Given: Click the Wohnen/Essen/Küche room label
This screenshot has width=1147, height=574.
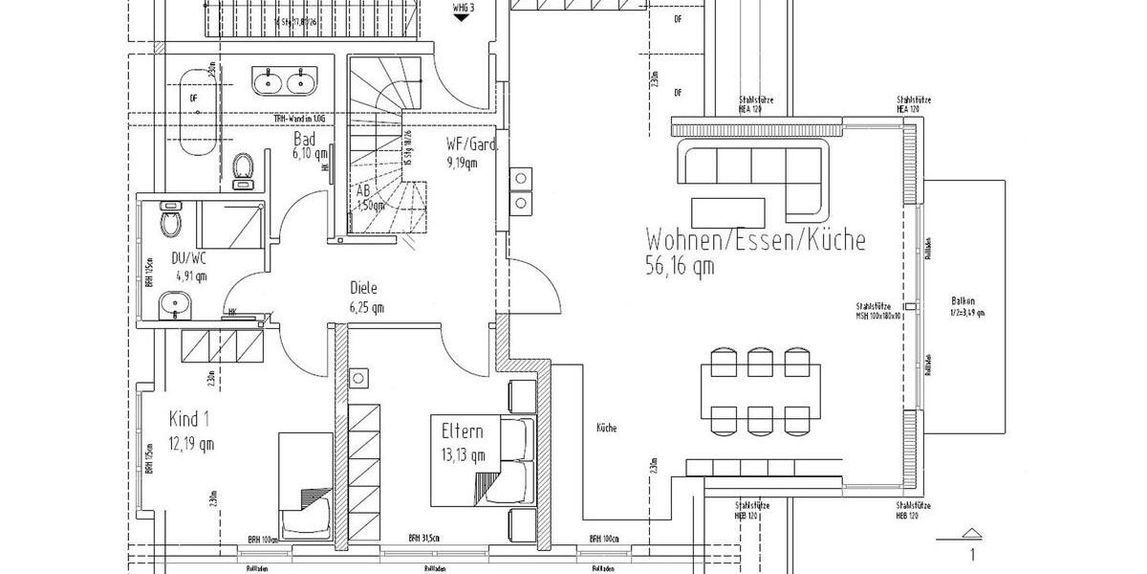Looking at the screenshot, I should pos(755,239).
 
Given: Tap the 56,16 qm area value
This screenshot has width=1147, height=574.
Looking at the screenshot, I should pos(680,267).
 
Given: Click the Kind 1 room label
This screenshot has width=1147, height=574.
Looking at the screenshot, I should pos(189,419).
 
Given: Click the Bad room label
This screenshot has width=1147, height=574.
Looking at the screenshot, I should pos(305,140).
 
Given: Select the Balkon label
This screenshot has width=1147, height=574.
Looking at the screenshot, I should pos(963,300).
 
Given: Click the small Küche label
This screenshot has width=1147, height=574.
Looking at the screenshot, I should pos(606,428).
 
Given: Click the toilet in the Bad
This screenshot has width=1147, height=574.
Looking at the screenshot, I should pos(244,166).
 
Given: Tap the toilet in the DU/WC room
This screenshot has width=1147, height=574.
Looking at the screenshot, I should pos(172,222).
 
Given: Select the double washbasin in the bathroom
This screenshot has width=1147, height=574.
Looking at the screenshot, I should pos(285,83).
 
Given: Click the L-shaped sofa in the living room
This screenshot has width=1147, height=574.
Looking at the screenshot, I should pos(750,167).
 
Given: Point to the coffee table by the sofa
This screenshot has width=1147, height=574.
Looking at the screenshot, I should pos(729,209).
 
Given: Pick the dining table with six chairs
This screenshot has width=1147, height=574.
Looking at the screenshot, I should pos(762,389).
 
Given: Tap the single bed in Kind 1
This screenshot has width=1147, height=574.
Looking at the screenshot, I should pos(306,483).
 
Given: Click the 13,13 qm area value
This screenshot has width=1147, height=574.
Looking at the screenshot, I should pos(464,454).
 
